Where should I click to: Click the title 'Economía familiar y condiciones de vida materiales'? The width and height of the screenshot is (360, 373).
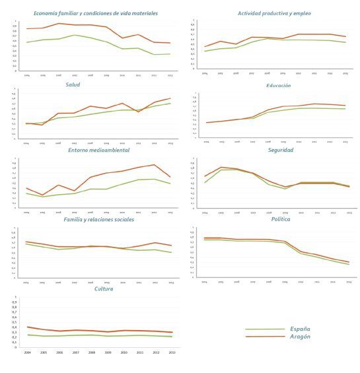click(96, 13)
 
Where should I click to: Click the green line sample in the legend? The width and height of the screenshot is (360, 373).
click(264, 329)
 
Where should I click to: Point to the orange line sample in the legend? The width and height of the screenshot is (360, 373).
click(264, 337)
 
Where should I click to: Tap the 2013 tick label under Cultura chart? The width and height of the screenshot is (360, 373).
click(172, 353)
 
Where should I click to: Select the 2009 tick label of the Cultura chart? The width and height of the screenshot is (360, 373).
click(108, 353)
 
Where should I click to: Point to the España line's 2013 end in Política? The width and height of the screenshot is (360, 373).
click(349, 264)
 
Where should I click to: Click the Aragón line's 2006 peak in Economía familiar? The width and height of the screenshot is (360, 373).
click(59, 23)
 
